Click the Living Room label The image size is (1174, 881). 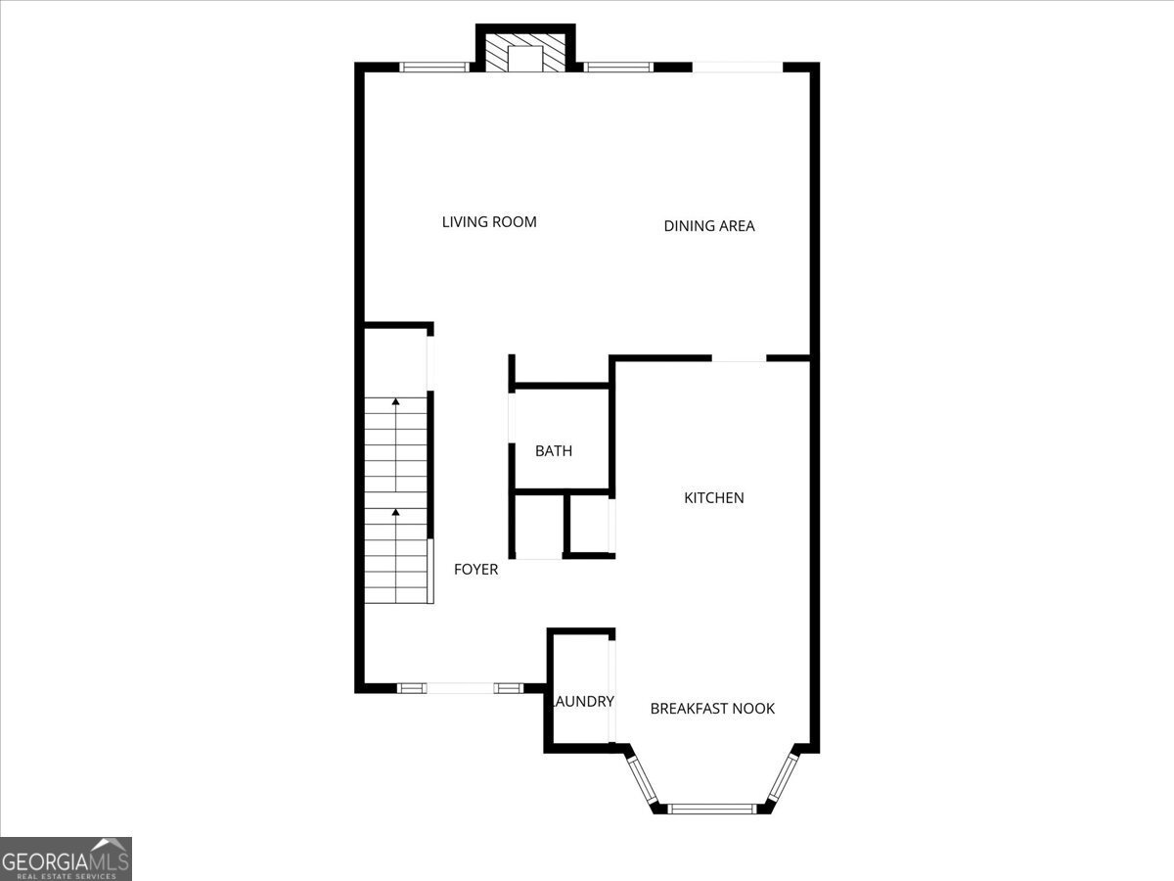(x=489, y=222)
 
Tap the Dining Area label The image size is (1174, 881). (x=709, y=226)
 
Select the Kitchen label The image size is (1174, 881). (x=714, y=498)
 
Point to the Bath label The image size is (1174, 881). (x=554, y=451)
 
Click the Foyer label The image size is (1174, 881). (x=475, y=570)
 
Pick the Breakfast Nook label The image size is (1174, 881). (x=712, y=709)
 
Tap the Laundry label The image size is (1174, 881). (x=583, y=701)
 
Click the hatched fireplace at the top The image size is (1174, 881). (x=525, y=53)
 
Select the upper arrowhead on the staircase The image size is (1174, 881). (x=396, y=401)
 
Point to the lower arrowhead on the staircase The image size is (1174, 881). (x=396, y=512)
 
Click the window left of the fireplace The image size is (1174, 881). (x=434, y=68)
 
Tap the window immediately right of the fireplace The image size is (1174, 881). (x=618, y=68)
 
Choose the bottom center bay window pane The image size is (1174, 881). (x=712, y=809)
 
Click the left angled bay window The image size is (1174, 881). (x=642, y=779)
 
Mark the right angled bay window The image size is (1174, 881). (x=783, y=778)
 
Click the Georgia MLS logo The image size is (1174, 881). (x=66, y=858)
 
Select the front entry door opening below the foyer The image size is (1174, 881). (x=460, y=688)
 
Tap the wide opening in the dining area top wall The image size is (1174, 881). (x=738, y=68)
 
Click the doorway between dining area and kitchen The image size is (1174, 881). (x=739, y=358)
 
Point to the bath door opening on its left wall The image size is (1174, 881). (x=512, y=418)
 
